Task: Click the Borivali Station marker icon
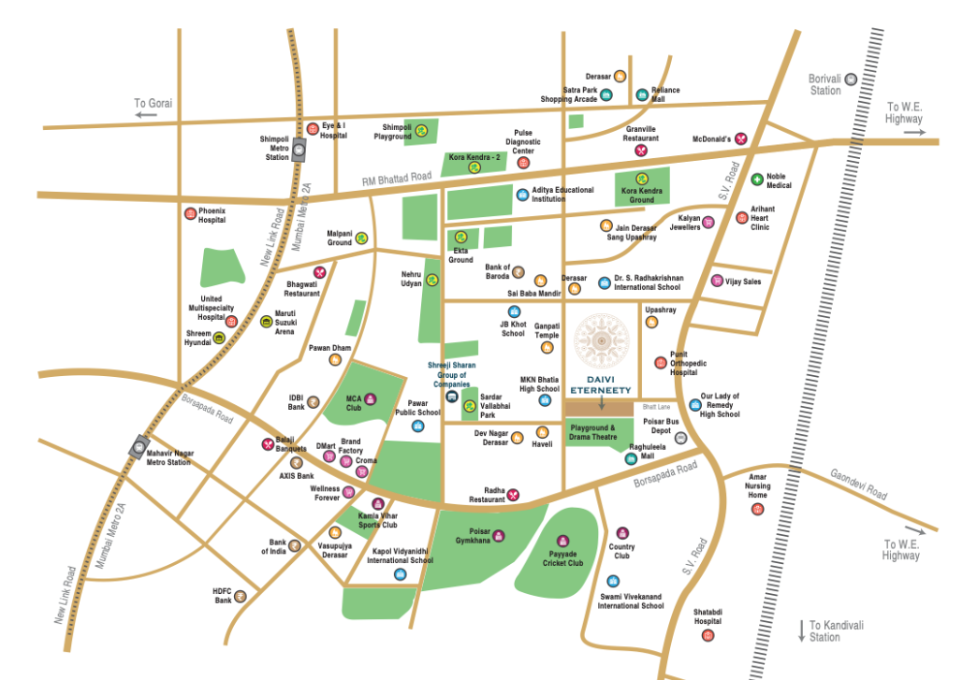850,80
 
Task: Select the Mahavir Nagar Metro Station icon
140,445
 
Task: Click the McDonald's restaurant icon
741,138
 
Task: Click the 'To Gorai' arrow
145,114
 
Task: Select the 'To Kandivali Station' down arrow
801,630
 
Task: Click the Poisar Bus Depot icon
680,437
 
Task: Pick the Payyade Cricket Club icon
562,541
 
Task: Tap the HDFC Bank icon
241,594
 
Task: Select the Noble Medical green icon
757,179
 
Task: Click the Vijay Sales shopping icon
718,281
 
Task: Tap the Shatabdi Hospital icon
708,635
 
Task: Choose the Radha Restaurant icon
513,495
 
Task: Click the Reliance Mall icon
642,94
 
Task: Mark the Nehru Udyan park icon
432,279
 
